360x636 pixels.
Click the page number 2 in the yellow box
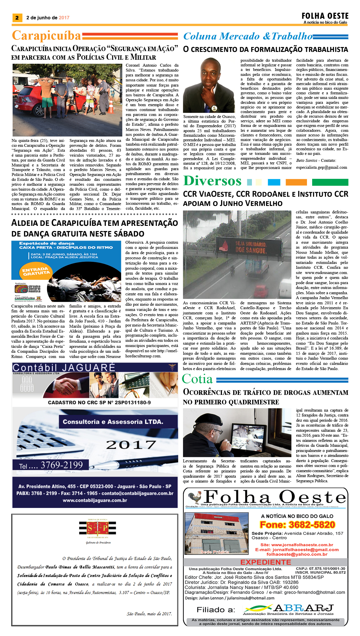tap(17, 18)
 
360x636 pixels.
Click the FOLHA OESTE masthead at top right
tap(325, 16)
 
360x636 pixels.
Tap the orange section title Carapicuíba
tap(46, 36)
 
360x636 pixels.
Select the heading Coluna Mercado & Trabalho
tap(248, 36)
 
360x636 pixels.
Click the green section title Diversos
tap(212, 181)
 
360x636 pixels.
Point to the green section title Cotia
tap(197, 379)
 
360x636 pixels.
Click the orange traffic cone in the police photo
tap(111, 107)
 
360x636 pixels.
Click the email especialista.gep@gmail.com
tap(321, 167)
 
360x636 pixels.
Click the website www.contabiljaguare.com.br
tap(95, 500)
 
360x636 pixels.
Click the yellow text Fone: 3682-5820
tap(297, 525)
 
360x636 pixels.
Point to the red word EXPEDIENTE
tap(265, 562)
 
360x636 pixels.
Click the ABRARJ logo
tap(288, 608)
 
